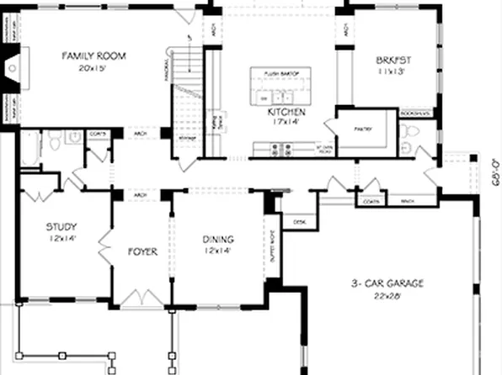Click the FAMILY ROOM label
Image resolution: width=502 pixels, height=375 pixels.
(93, 55)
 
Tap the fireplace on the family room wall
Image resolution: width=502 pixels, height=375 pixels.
(16, 65)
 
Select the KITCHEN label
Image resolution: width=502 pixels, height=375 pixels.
(286, 111)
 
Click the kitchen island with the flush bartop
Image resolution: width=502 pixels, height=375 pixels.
(286, 88)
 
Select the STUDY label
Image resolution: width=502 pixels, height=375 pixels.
(61, 226)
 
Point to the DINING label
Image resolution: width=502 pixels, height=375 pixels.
(218, 239)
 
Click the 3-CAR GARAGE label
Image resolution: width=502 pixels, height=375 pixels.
(387, 283)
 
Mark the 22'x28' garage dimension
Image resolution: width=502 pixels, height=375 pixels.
(387, 295)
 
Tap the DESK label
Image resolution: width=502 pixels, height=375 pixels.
(299, 222)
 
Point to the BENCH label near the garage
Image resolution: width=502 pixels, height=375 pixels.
(408, 202)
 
